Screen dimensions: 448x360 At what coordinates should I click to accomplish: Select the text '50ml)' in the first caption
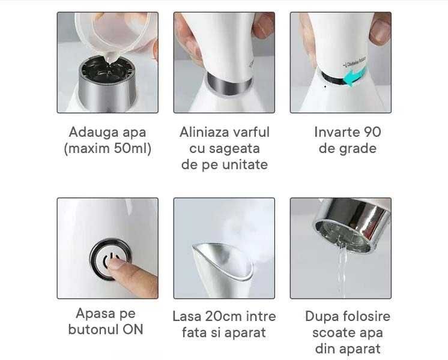(x=132, y=148)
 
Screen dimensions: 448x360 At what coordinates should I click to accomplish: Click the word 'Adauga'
(x=91, y=133)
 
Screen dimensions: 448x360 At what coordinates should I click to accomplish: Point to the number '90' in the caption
(x=372, y=132)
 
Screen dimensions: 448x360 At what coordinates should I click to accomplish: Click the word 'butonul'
(x=94, y=329)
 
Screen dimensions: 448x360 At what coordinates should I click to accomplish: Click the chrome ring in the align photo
(x=229, y=84)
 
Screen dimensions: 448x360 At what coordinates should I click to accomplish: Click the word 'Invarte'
(x=337, y=132)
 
